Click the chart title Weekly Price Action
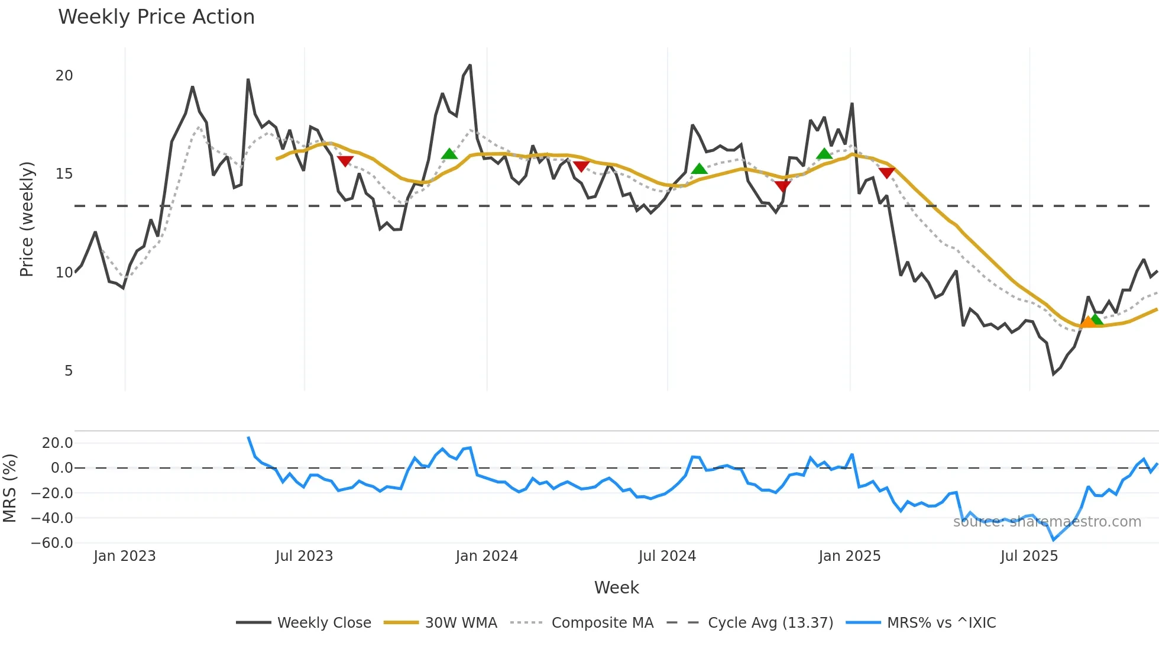click(156, 17)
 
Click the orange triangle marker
click(1087, 322)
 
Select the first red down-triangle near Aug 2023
click(345, 161)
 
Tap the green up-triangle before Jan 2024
click(449, 154)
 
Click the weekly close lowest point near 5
click(1053, 374)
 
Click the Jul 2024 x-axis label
click(667, 556)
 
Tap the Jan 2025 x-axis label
click(849, 556)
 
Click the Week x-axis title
click(616, 588)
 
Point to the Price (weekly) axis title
click(27, 219)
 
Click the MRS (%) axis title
click(9, 488)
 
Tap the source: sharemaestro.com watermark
click(1047, 522)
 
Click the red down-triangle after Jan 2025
click(886, 173)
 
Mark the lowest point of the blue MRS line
click(1053, 540)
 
